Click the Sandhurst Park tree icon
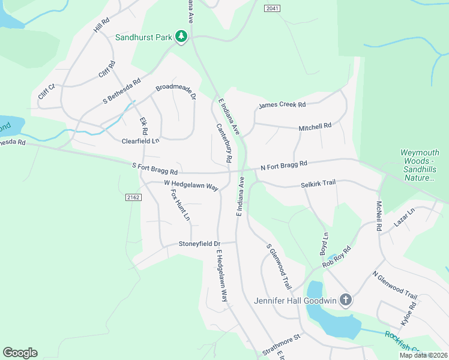click(x=181, y=37)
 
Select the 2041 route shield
click(x=272, y=8)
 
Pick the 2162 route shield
click(x=133, y=197)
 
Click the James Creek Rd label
click(x=282, y=105)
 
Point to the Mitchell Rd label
click(x=315, y=127)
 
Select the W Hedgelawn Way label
click(x=190, y=185)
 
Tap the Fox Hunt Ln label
click(x=179, y=204)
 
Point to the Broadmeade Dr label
click(x=176, y=91)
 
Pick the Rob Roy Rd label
click(x=336, y=257)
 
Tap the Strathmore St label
click(x=280, y=345)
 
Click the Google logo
click(x=20, y=353)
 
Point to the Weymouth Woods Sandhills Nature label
click(x=420, y=166)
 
